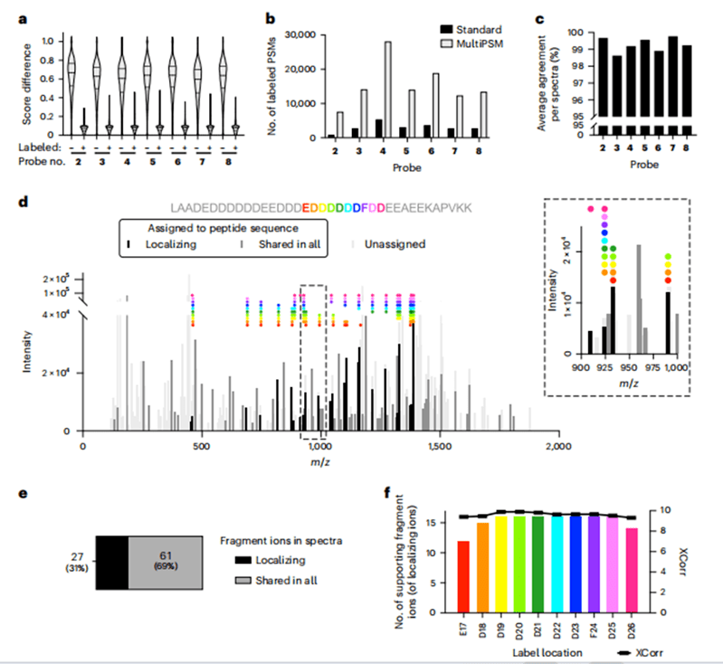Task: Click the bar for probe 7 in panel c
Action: pos(671,72)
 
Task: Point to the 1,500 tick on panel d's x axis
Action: pos(439,446)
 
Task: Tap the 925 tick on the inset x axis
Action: pos(603,366)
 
